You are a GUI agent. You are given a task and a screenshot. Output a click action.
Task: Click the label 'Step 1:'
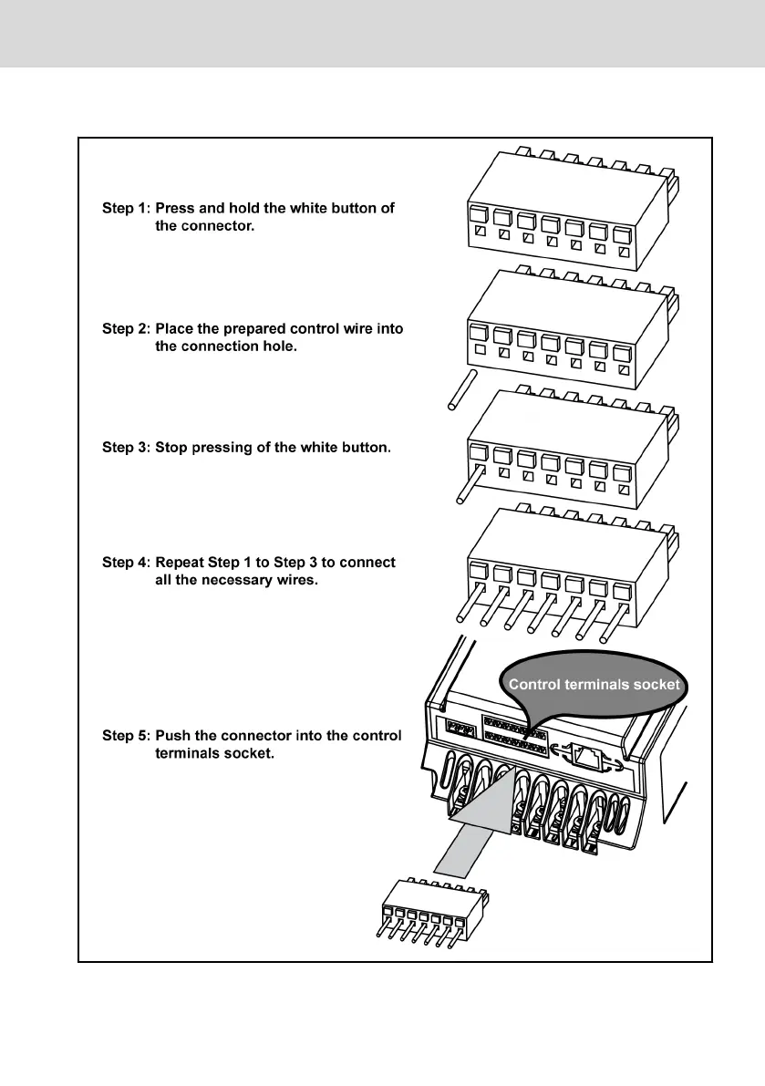[x=125, y=208]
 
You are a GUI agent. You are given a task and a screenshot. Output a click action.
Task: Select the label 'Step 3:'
[x=125, y=448]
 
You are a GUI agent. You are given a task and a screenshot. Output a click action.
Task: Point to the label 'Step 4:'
[x=125, y=563]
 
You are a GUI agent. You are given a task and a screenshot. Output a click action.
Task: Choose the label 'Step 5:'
[x=125, y=736]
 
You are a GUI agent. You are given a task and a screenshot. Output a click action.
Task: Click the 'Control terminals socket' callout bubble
[x=593, y=685]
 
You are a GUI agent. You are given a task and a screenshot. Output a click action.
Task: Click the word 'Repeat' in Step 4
[x=183, y=563]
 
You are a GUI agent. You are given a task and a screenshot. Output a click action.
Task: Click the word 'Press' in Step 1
[x=177, y=208]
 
